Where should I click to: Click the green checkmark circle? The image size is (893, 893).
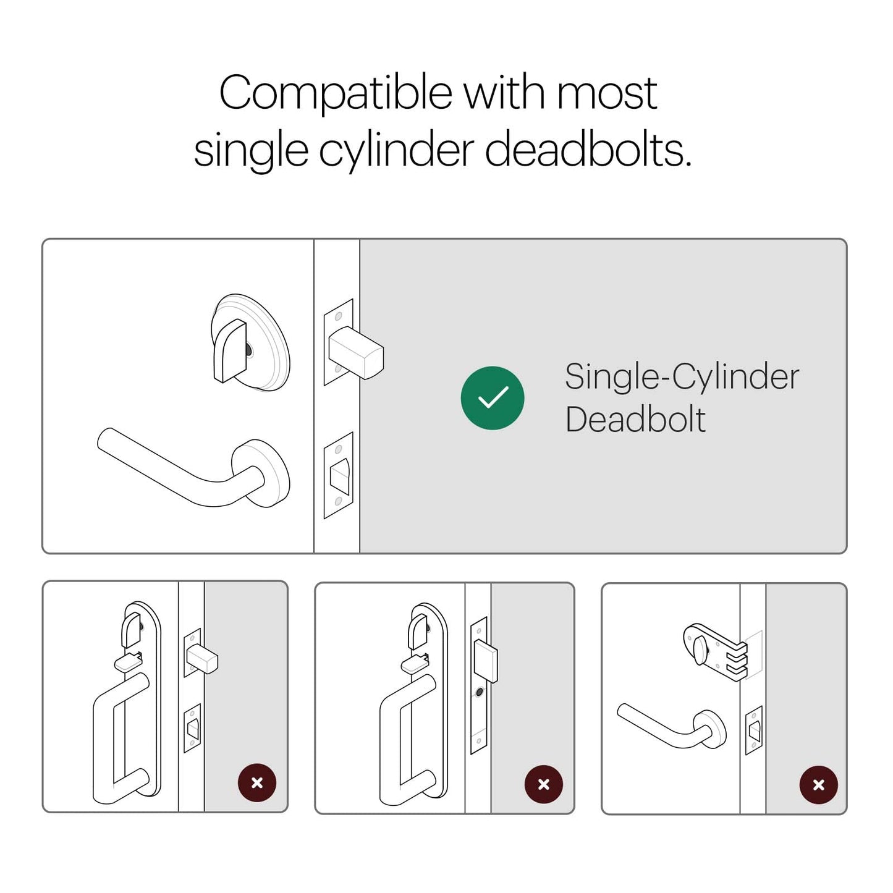click(x=492, y=397)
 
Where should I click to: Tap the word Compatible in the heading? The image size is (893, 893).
click(x=336, y=93)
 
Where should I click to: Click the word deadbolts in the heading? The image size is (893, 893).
click(x=588, y=151)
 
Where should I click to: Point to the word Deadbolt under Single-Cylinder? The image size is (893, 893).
click(x=635, y=420)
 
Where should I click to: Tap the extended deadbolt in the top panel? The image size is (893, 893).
click(x=356, y=353)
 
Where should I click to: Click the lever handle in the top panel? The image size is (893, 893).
click(x=193, y=468)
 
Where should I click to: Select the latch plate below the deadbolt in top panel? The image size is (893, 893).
click(x=338, y=475)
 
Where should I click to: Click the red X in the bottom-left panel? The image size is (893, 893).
click(x=256, y=783)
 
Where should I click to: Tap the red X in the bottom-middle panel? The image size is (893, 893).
click(x=544, y=784)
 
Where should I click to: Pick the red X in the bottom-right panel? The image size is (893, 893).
click(x=818, y=785)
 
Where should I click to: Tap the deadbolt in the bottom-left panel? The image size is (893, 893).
click(x=202, y=658)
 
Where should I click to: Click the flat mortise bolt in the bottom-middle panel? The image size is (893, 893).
click(x=486, y=661)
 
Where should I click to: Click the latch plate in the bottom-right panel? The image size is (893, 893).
click(x=753, y=730)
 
